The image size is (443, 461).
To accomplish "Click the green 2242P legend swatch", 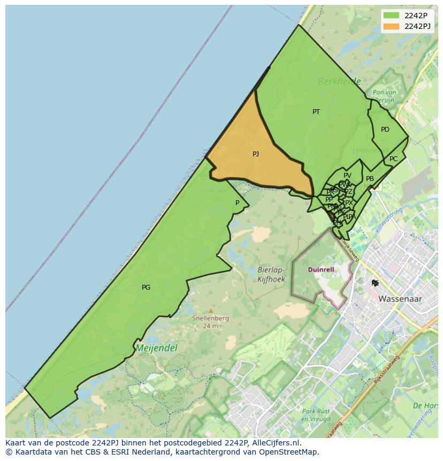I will point(391,16).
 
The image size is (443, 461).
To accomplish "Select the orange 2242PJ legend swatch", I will point(391,26).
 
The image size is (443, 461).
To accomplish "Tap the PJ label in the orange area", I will point(256,154).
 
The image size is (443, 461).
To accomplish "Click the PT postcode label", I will point(316,112).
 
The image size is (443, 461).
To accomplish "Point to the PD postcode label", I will point(385,130).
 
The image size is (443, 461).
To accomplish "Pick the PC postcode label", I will point(394,159).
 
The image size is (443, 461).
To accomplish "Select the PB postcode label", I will point(370,179).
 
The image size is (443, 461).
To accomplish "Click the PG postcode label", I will point(146,288).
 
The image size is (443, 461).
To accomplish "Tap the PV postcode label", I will point(347,176).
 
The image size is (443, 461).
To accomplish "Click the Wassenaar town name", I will point(400,299).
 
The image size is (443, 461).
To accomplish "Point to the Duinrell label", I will point(321,270).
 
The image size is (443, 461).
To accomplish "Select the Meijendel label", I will point(156,348).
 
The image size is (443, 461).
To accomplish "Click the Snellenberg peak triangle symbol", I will point(211,311).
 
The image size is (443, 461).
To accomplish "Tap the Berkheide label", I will point(339,82).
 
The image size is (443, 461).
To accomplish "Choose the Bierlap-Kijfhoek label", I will point(271,275).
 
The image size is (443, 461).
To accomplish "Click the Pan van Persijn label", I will point(384,96).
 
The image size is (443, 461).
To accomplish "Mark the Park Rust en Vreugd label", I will point(315,415).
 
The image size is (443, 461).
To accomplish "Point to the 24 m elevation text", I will point(211,326).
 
